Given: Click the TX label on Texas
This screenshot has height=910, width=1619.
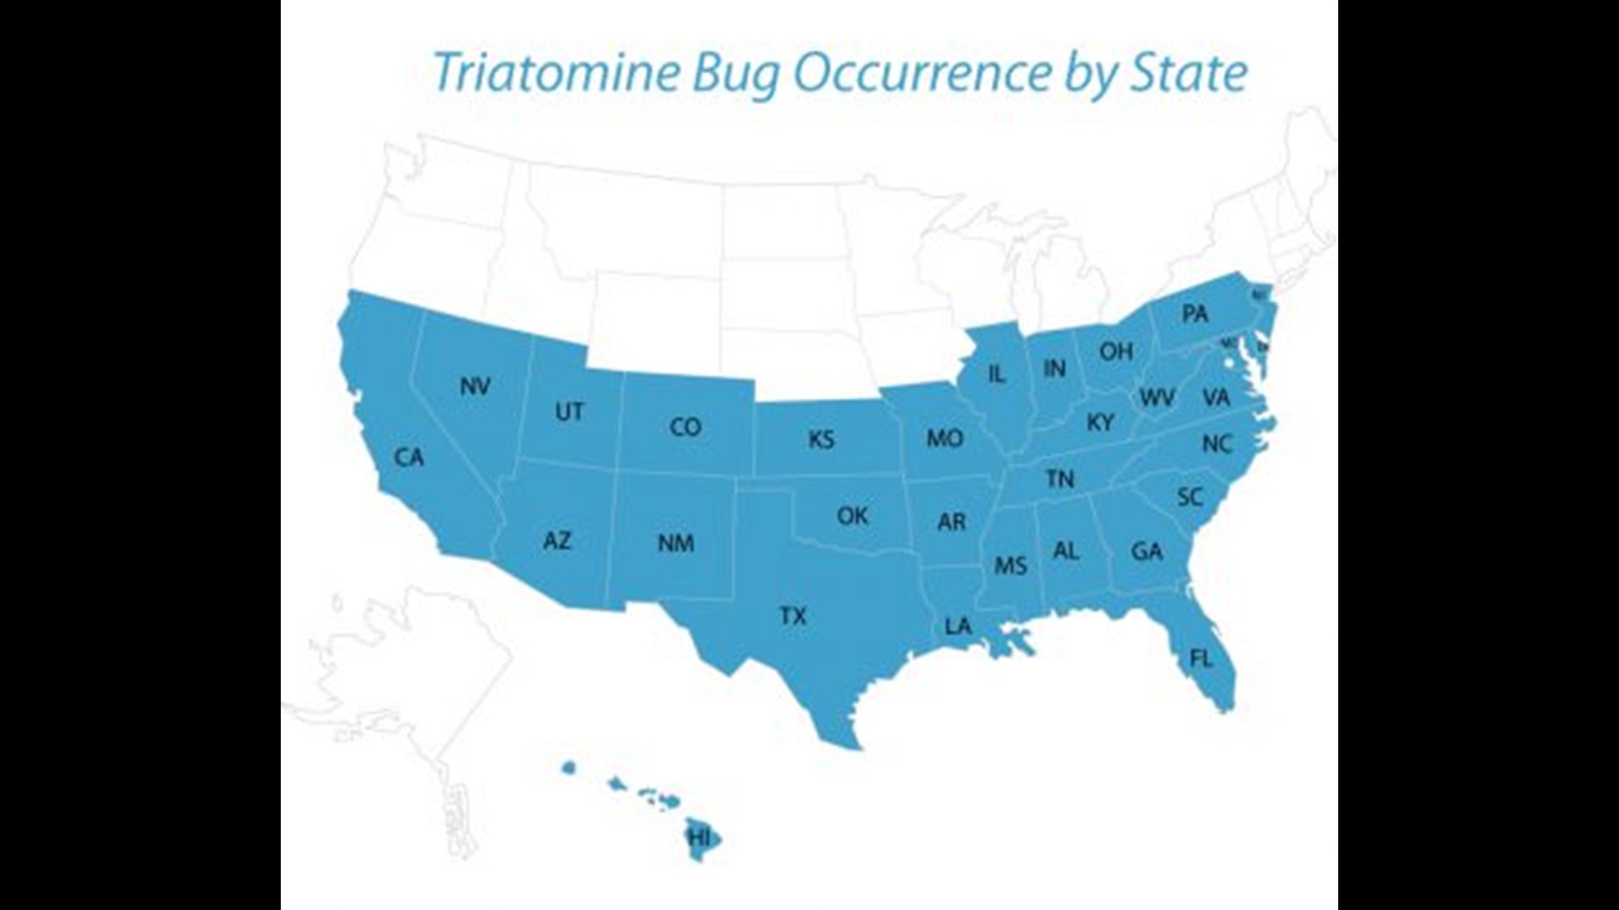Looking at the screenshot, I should pos(793,617).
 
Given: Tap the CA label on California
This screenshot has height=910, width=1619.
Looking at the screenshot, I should pos(409,458).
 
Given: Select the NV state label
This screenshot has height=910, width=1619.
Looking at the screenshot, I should pos(476,387).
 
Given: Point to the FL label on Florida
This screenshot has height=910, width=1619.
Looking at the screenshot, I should pos(1201,658).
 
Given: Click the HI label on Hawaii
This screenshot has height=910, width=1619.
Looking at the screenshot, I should pos(700,838).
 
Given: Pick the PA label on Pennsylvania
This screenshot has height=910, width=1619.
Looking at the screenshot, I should pos(1195,314).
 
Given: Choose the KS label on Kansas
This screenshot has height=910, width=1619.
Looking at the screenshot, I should pos(821,440).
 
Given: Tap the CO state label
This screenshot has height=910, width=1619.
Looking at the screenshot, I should pos(686,427).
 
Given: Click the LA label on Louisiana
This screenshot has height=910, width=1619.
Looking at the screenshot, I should pos(958,626).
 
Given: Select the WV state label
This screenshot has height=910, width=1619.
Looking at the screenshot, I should pos(1157,398).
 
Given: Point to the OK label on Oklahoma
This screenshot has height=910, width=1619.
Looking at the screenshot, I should pos(853,516).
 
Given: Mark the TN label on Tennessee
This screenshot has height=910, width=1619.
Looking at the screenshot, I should pos(1060,479).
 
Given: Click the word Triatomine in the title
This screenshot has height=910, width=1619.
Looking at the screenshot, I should pos(556,73).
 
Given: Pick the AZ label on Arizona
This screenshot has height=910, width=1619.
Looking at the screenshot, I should pos(557,540).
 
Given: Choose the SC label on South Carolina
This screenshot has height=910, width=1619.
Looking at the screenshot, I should pos(1190,497).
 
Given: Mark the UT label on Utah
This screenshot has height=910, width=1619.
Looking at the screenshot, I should pos(569,412).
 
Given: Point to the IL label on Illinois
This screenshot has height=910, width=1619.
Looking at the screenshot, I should pos(997,373).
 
